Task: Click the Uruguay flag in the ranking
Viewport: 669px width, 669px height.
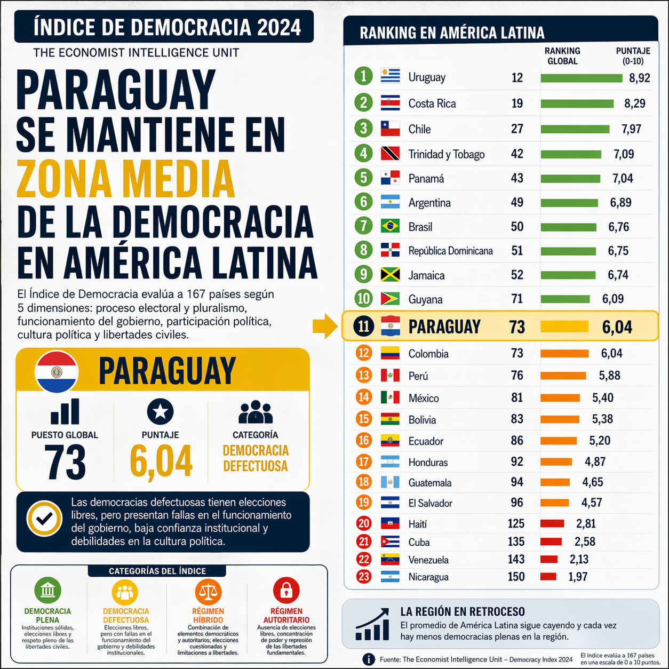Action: click(391, 76)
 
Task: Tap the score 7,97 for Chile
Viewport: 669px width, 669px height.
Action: click(631, 129)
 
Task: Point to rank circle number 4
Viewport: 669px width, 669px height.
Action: click(364, 154)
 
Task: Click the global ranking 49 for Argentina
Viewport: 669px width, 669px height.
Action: click(517, 203)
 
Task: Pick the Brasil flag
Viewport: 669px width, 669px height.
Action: click(391, 227)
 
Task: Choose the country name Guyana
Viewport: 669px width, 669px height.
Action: click(425, 299)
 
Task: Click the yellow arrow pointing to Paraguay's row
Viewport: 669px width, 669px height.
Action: click(325, 326)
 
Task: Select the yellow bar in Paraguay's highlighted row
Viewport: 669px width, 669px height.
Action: click(564, 326)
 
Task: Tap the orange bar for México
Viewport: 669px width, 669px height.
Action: click(560, 398)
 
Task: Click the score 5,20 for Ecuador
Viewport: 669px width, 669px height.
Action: click(600, 441)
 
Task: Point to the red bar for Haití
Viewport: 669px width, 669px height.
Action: click(552, 524)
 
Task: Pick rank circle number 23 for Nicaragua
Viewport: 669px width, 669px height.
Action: click(364, 577)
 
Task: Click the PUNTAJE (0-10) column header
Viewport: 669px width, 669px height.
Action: click(633, 56)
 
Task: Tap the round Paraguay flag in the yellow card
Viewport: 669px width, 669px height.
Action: click(57, 372)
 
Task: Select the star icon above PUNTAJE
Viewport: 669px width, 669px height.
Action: click(161, 412)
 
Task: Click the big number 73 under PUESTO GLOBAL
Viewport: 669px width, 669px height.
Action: click(65, 462)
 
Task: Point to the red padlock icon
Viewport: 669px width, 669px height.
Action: click(286, 590)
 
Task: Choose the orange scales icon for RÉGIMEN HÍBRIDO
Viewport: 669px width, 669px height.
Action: click(208, 591)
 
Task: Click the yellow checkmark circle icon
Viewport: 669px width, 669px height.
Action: click(45, 518)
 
